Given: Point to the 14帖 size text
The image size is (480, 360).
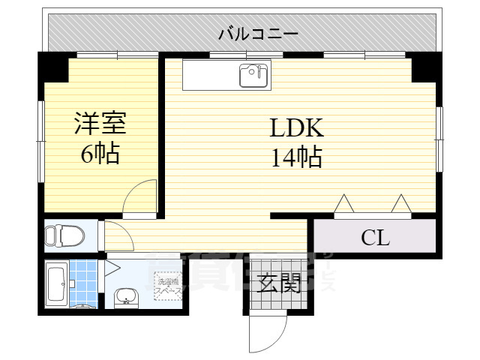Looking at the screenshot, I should [296, 157].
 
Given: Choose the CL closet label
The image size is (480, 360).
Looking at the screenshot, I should [375, 238].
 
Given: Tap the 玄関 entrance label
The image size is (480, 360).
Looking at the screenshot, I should [278, 283].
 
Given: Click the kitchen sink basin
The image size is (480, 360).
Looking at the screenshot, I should [253, 75].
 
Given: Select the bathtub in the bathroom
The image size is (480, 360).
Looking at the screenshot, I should [56, 283].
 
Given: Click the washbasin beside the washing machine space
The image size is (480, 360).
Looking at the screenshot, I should [125, 298].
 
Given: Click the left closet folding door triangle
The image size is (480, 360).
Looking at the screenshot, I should [344, 204].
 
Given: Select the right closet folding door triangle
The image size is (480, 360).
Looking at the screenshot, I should [400, 204].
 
